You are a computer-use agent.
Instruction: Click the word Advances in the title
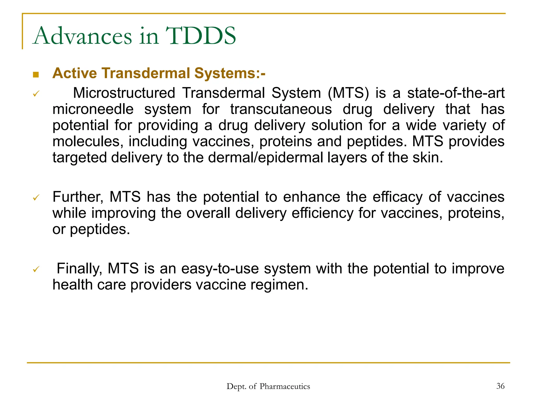coord(83,36)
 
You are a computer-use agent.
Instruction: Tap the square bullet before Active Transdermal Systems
coord(36,75)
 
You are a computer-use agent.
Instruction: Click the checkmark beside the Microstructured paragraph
coord(36,94)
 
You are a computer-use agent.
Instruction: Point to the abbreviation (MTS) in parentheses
coord(348,93)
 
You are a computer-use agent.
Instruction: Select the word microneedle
coord(93,109)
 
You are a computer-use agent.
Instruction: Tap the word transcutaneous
coord(281,109)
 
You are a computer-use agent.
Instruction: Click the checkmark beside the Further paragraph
coord(36,197)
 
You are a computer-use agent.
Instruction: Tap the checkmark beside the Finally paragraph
coord(36,269)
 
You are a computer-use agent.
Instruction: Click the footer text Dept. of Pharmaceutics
coord(268,386)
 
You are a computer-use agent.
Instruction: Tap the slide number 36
coord(500,386)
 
